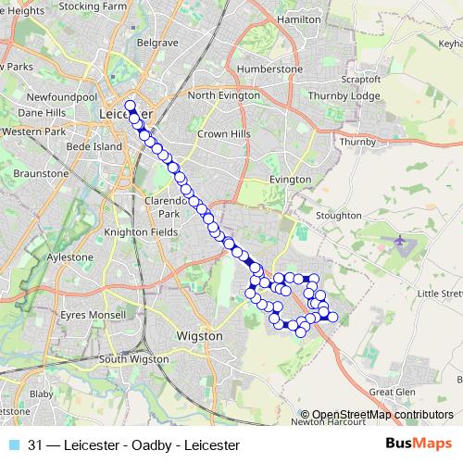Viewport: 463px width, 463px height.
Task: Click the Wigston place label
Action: (x=199, y=335)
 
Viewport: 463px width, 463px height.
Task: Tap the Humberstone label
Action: (x=269, y=69)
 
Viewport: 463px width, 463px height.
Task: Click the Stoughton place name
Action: (x=337, y=215)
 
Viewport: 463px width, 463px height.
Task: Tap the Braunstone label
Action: (x=40, y=173)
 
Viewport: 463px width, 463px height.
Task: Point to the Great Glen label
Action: (x=386, y=392)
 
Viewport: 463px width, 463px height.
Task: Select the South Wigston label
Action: (x=137, y=359)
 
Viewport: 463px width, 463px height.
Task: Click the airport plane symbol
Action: (x=401, y=242)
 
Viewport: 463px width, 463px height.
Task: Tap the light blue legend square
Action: (x=14, y=445)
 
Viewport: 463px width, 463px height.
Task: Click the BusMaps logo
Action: (x=419, y=445)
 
